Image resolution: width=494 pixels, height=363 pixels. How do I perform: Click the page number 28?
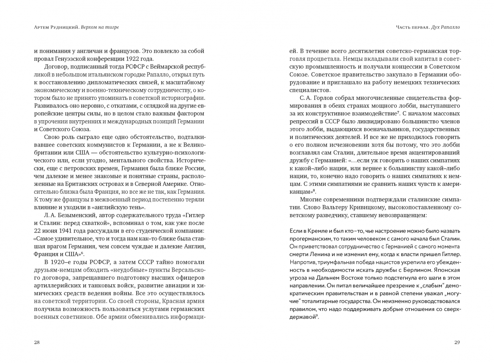pos(37,342)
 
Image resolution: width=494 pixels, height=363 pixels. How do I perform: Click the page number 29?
pos(457,342)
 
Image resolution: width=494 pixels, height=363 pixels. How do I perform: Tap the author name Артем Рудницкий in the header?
pos(56,28)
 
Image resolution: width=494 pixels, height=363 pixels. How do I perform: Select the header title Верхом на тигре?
pos(100,28)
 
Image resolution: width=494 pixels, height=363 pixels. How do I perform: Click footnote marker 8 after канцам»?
pos(314,190)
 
